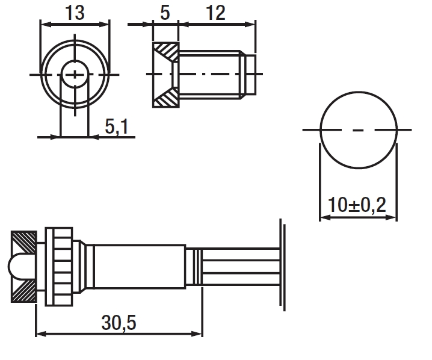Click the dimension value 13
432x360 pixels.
[75, 13]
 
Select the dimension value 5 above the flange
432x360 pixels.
[165, 13]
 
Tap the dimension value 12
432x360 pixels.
[216, 13]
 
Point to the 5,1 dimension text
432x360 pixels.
[117, 127]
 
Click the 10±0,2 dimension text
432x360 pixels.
[357, 205]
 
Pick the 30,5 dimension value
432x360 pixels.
[119, 323]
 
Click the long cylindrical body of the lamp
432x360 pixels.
[140, 267]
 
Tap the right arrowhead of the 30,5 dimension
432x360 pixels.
[197, 334]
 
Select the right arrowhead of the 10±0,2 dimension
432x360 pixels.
[391, 217]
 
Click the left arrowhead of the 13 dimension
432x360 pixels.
[46, 25]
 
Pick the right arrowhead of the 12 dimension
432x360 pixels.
[250, 25]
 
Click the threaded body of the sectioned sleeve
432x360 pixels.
[209, 75]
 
